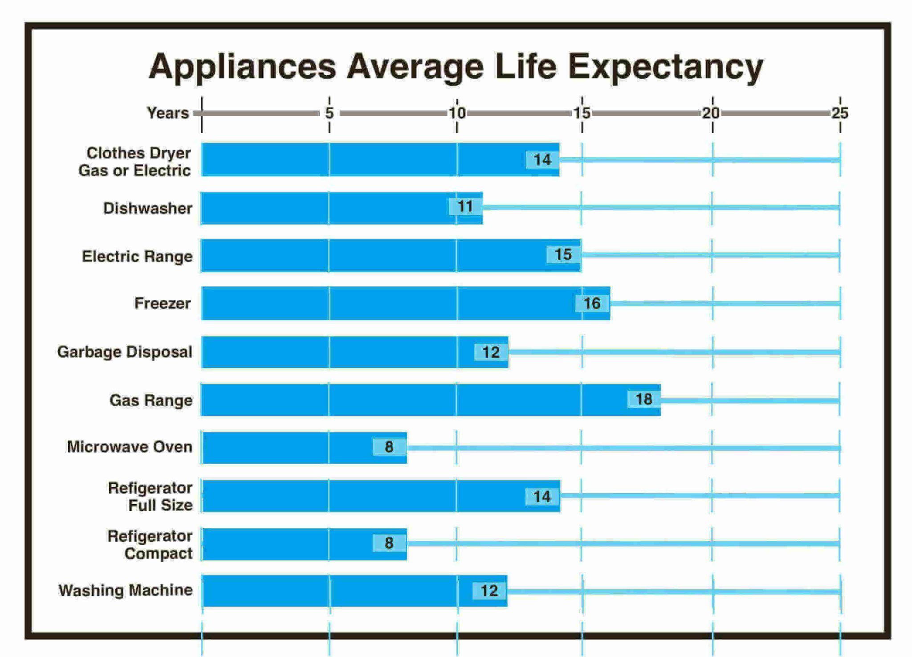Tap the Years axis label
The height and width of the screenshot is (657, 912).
(168, 113)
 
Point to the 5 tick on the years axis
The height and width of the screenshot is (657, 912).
(330, 113)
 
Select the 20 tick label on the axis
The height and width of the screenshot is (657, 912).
(711, 113)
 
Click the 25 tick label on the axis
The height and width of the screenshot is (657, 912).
(840, 113)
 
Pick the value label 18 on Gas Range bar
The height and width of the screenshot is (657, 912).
(643, 399)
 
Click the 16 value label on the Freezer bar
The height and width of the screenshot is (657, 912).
(592, 303)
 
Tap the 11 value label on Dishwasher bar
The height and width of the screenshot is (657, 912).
(465, 206)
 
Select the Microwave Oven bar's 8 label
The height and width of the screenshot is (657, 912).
(389, 447)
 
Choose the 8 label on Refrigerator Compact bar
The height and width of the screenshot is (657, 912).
(389, 543)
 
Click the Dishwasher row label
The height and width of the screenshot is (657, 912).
(148, 208)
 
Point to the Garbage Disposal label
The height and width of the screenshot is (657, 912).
(125, 352)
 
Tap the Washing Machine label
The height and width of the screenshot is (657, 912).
(126, 590)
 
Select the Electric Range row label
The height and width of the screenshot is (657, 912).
(137, 257)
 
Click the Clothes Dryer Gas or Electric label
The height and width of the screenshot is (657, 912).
(135, 161)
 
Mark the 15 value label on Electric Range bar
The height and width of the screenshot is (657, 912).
(563, 254)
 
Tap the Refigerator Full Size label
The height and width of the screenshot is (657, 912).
(151, 496)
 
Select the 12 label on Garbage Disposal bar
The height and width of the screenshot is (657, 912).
(491, 352)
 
